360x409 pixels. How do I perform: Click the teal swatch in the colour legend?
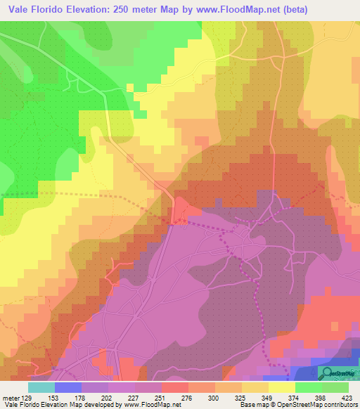point(41,386)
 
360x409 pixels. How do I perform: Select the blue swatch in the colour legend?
point(68,386)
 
